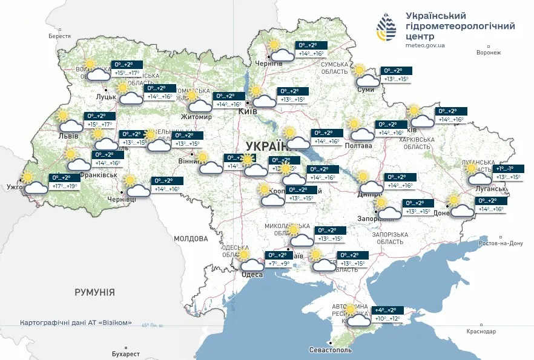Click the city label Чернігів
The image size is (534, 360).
point(269,64)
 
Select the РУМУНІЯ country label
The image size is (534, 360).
point(94,292)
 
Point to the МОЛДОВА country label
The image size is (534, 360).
point(191,238)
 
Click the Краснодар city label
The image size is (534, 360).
point(481,332)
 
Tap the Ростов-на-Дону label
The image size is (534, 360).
point(499,243)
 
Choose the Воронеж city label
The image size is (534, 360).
point(489,53)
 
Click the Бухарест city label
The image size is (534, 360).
point(126,353)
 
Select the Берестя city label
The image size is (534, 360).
point(60,36)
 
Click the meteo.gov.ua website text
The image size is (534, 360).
point(424,45)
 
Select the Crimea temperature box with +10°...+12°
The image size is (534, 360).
point(388,314)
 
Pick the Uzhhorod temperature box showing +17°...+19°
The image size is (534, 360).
point(65,183)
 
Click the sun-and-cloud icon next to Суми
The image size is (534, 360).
point(366,76)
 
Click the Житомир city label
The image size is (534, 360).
point(196,117)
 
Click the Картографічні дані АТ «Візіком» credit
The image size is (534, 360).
point(76,322)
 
